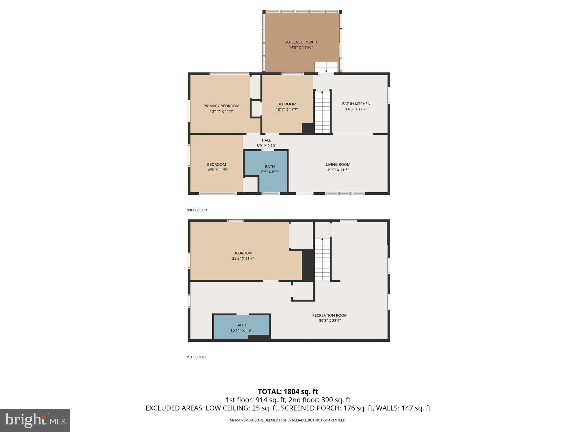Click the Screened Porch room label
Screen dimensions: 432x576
pos(301,42)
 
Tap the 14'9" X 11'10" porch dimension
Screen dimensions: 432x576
pos(301,48)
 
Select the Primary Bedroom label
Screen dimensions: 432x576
pos(221,106)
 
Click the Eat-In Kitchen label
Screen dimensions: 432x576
pos(356,104)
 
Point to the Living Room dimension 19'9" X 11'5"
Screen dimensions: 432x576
pos(338,170)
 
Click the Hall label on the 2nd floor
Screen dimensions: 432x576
pos(266,140)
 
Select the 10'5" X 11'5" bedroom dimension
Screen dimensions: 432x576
pos(216,170)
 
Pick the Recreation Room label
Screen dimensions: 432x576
pos(330,315)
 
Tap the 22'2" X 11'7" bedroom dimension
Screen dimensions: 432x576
pos(243,258)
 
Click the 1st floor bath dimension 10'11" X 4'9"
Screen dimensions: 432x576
pos(241,330)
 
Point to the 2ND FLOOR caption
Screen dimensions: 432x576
pos(196,210)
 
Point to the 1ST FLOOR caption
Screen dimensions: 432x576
pos(196,357)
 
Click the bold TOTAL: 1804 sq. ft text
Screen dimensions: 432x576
pos(288,391)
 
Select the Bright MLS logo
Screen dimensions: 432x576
pos(35,420)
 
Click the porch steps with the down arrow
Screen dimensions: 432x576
pos(326,67)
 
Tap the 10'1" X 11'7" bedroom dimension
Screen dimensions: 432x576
pos(287,109)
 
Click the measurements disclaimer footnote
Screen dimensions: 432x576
pos(288,420)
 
